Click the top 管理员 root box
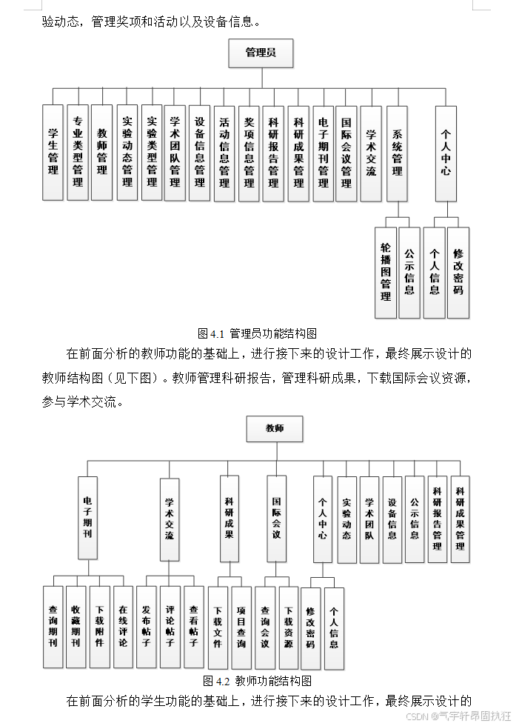260,53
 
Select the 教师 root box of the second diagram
274,428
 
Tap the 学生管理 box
53,153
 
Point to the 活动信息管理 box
224,153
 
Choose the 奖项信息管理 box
249,153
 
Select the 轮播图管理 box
385,272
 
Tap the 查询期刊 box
53,626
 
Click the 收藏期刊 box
76,626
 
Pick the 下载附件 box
99,626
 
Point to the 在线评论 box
123,626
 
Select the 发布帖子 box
147,626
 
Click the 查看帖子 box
193,626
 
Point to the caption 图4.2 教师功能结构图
257,680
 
